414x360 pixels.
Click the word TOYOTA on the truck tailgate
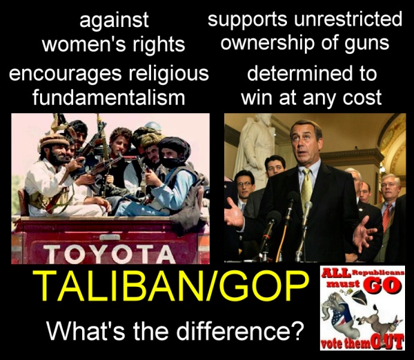(109, 253)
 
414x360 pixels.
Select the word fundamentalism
(109, 98)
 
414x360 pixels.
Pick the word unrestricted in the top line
(348, 19)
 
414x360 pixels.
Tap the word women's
(83, 44)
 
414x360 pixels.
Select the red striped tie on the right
(386, 217)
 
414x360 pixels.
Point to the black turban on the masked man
(175, 148)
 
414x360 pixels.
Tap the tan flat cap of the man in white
(54, 141)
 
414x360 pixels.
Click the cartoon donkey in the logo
(380, 321)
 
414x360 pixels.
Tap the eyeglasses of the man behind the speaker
(245, 183)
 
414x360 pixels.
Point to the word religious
(169, 74)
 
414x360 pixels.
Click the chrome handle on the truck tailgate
(110, 237)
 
